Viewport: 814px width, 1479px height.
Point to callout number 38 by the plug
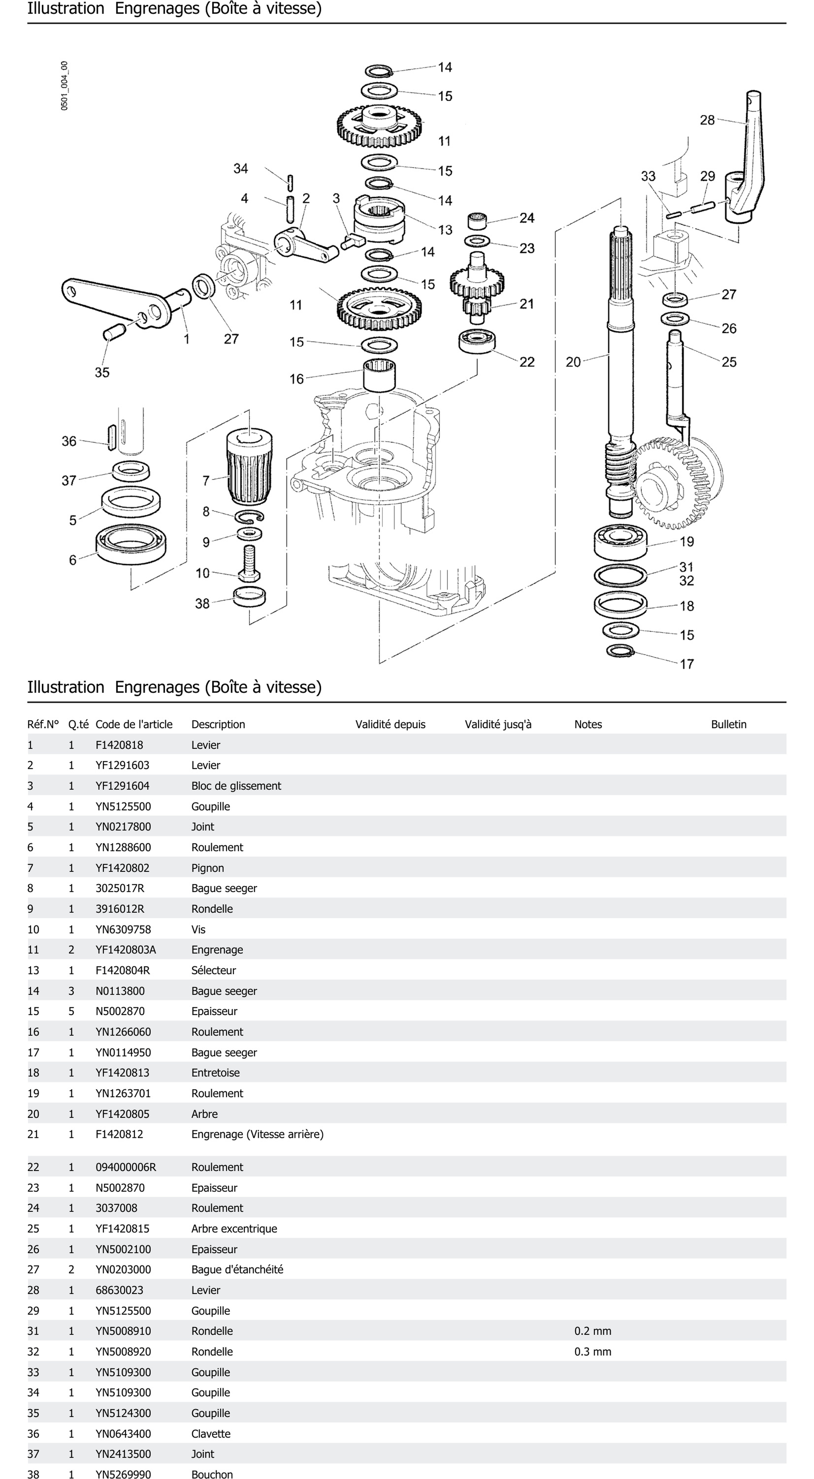(202, 603)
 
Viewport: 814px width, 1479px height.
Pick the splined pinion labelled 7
(249, 465)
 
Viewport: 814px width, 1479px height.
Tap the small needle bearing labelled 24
(477, 220)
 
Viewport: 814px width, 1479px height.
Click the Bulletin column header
(728, 724)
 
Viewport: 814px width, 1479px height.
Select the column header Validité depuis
(390, 724)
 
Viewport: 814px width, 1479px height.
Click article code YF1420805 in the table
(122, 1114)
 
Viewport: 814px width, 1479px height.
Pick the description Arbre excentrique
(234, 1229)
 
